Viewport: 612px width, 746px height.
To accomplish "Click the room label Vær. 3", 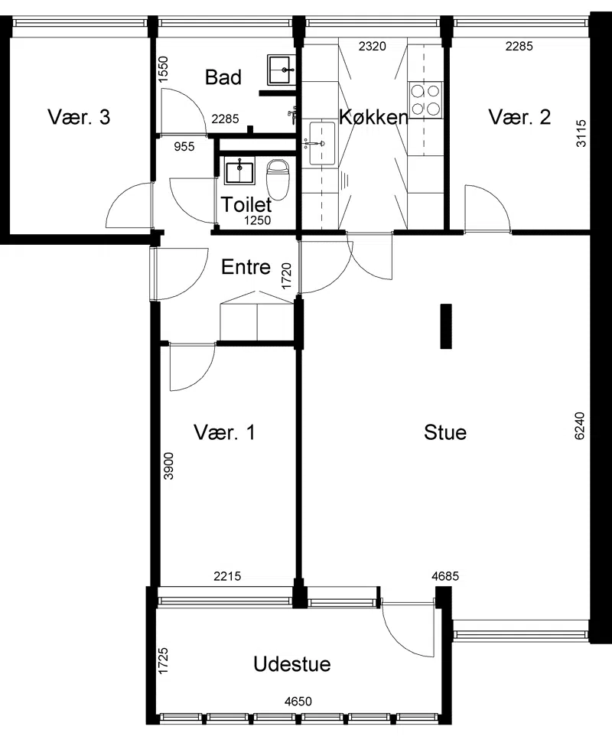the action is coord(79,116).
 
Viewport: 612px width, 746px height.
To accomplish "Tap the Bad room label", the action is coord(223,77).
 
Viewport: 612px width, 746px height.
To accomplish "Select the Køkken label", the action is coord(373,116).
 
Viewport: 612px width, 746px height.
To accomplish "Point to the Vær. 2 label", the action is coord(519,116).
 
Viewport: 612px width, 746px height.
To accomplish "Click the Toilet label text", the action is coord(246,204).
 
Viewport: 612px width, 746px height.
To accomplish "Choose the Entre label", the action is coord(246,267).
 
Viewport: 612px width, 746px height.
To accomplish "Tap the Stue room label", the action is coord(445,432).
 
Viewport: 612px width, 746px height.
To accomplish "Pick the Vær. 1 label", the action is coord(224,432).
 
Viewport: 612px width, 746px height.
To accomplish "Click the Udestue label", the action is coord(292,664).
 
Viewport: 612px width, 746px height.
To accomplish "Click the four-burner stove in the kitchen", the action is coord(425,100).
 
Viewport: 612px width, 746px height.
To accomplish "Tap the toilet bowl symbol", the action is coord(278,180).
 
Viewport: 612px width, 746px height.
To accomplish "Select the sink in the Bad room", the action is coord(282,70).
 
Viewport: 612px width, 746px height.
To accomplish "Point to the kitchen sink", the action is coord(322,143).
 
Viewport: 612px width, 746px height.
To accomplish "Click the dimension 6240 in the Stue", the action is coord(580,425).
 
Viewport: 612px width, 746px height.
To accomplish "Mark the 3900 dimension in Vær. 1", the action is coord(168,466).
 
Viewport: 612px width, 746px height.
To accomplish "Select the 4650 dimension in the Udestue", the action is coord(298,702).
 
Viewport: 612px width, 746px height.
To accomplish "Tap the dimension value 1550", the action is coord(163,70).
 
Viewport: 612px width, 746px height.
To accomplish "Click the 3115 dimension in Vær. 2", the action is coord(581,133).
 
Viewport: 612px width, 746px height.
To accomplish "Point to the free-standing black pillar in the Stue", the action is coord(445,327).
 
